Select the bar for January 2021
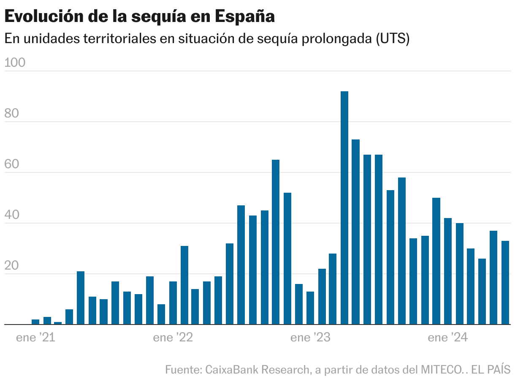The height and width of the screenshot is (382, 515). point(35,322)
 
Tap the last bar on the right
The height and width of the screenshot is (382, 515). point(505,283)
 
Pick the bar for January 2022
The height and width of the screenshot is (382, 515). point(173,303)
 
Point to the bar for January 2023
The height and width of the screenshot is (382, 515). point(310,308)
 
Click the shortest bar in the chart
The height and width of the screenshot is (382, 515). point(58,323)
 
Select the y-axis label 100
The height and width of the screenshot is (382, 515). point(15,63)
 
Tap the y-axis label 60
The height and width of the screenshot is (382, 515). point(12,164)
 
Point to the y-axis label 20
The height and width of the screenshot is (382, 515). point(12,266)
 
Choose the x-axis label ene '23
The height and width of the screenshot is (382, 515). point(310,338)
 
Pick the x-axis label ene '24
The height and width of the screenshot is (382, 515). point(448,338)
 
